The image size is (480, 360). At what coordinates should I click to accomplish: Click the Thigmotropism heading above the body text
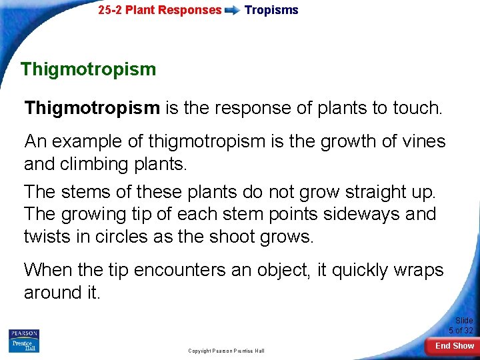[88, 69]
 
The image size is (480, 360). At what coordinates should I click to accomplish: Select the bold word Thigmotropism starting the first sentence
[92, 107]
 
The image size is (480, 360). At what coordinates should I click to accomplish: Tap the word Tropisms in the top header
[271, 10]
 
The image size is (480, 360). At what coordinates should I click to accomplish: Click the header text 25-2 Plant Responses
[159, 10]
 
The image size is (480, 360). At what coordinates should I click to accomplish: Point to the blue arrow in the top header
[233, 11]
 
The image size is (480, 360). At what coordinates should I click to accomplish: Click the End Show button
[455, 345]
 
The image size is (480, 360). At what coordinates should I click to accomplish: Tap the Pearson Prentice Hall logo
[24, 341]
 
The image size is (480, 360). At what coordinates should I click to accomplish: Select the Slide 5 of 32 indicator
[461, 325]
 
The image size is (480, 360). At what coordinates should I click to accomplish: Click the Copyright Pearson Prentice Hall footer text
[226, 351]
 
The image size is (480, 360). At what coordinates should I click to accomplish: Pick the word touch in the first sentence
[417, 107]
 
